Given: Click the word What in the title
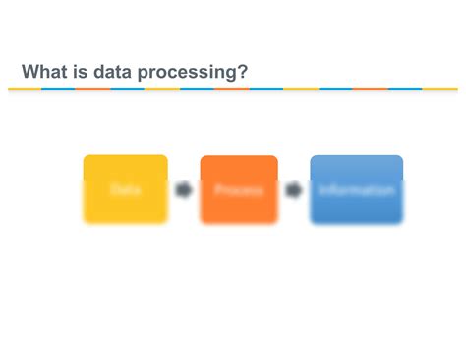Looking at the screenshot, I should (x=45, y=71).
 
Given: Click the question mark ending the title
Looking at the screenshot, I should (x=242, y=71).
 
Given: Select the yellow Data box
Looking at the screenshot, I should (x=125, y=189).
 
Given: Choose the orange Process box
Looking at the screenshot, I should (x=239, y=189).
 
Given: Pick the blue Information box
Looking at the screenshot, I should (x=356, y=189).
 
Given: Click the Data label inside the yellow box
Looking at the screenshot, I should (x=125, y=189).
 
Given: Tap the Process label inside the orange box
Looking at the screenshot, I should (x=239, y=190).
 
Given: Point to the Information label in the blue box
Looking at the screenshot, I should (x=356, y=190).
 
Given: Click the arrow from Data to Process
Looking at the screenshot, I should (x=184, y=190).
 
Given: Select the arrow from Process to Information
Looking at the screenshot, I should (x=294, y=190).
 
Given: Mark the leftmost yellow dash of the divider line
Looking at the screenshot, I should (x=25, y=89).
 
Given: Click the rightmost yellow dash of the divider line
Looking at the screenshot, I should (x=440, y=89).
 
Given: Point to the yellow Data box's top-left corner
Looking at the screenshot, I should (x=86, y=157).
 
